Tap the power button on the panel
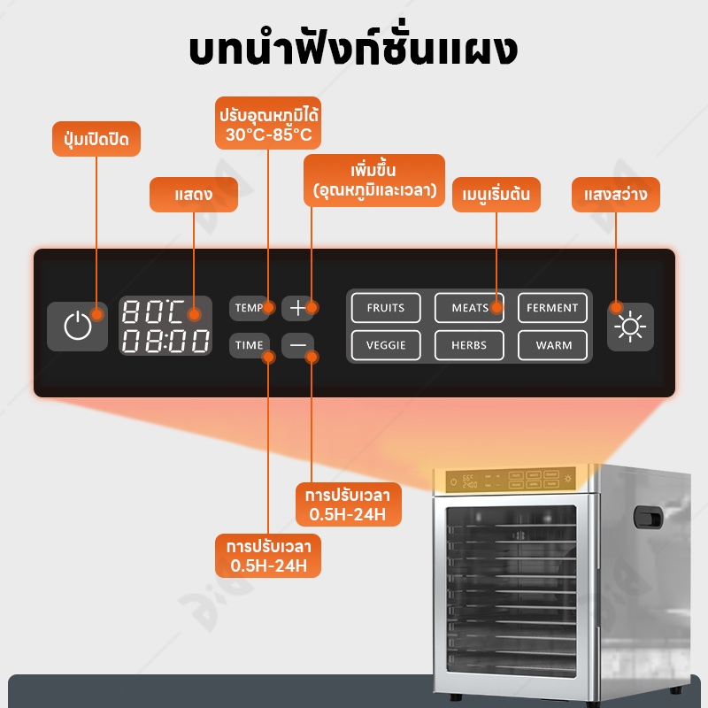click(x=77, y=326)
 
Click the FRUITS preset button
click(x=386, y=308)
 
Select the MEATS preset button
click(x=469, y=308)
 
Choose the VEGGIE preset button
click(x=386, y=345)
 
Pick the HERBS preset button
click(x=469, y=345)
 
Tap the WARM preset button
click(x=552, y=345)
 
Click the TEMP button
click(x=250, y=308)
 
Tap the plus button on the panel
click(x=298, y=308)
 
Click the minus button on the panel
click(x=298, y=345)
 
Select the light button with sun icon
click(x=630, y=327)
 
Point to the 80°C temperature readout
click(x=153, y=312)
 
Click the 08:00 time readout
click(x=165, y=341)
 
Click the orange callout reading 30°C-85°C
click(x=268, y=123)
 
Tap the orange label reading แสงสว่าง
click(x=616, y=195)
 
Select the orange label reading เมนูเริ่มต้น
click(x=496, y=195)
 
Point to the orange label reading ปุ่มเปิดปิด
click(x=96, y=139)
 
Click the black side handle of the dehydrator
click(x=648, y=517)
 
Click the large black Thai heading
click(x=353, y=49)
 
